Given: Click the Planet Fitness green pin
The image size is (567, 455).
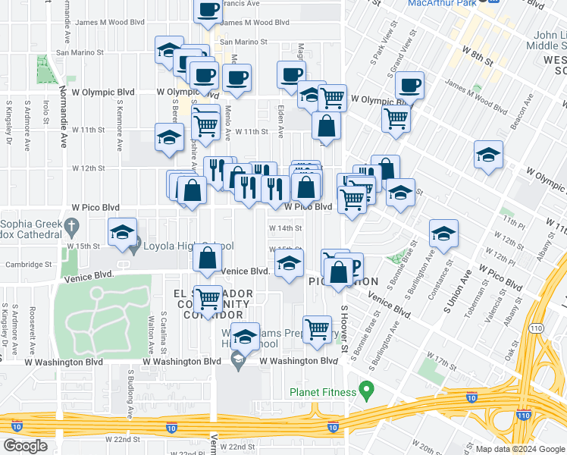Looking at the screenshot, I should (368, 392).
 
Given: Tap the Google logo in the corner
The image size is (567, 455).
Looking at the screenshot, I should (25, 445).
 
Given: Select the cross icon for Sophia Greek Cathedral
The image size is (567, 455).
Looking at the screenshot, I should (71, 225).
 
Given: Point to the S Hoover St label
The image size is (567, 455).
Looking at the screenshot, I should (343, 328).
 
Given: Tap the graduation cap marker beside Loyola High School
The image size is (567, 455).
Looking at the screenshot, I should (121, 234).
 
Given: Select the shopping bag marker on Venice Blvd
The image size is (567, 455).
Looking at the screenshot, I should (207, 259).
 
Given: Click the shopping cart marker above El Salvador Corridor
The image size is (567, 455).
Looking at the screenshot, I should (207, 299).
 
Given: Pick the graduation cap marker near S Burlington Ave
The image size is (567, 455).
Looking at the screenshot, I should (443, 234).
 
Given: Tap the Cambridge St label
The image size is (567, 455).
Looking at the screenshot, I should (23, 265).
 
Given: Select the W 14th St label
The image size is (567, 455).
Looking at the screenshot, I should (286, 227).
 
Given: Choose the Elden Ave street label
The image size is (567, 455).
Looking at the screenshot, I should (280, 121).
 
